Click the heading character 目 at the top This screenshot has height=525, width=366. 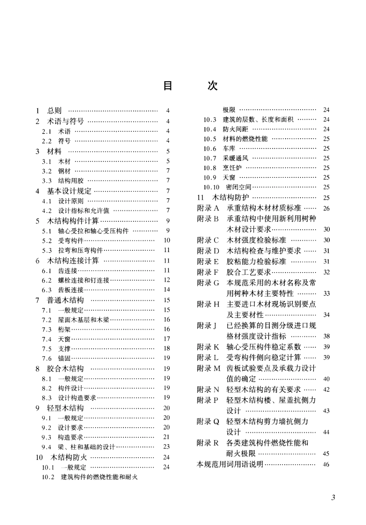pyautogui.click(x=168, y=85)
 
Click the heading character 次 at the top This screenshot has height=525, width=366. pyautogui.click(x=212, y=85)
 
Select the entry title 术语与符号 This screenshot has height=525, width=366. pyautogui.click(x=65, y=121)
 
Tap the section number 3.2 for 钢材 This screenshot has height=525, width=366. pyautogui.click(x=47, y=171)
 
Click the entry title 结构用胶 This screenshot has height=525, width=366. pyautogui.click(x=71, y=181)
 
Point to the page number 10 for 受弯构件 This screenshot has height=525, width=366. pyautogui.click(x=167, y=240)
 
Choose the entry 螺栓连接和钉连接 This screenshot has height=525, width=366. pyautogui.click(x=84, y=280)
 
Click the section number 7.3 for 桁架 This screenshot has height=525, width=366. pyautogui.click(x=47, y=329)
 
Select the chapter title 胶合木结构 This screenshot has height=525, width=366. pyautogui.click(x=65, y=368)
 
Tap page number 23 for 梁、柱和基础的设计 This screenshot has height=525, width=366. pyautogui.click(x=166, y=446)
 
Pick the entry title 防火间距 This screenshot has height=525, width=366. pyautogui.click(x=235, y=129)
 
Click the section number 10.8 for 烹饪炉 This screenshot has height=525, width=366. pyautogui.click(x=210, y=168)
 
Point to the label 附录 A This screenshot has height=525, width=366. pyautogui.click(x=208, y=208)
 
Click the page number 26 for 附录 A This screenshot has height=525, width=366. pyautogui.click(x=326, y=209)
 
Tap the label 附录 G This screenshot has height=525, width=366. pyautogui.click(x=208, y=283)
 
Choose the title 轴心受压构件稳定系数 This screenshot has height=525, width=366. pyautogui.click(x=264, y=347)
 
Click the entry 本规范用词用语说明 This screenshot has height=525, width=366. pyautogui.click(x=230, y=464)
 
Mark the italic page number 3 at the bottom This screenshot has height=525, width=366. pyautogui.click(x=333, y=497)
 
